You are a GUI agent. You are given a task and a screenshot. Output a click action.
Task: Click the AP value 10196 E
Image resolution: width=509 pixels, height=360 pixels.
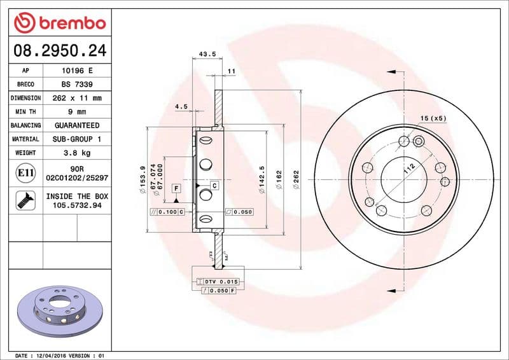(x=76, y=71)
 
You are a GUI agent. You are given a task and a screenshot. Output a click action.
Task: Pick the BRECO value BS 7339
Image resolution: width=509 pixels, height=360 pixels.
(x=76, y=85)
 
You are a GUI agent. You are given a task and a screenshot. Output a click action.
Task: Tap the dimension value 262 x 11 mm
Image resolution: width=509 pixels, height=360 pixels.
(x=76, y=99)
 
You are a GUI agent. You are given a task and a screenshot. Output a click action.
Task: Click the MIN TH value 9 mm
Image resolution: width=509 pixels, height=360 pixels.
(x=76, y=112)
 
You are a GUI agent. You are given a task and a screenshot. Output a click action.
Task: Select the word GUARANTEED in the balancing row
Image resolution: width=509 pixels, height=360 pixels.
(x=76, y=125)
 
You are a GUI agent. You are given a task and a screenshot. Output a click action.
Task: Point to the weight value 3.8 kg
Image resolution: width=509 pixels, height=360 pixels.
(x=76, y=153)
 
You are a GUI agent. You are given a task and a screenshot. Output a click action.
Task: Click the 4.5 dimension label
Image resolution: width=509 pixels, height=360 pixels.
(x=181, y=107)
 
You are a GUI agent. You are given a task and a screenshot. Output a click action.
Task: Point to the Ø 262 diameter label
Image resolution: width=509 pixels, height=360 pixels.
(x=296, y=181)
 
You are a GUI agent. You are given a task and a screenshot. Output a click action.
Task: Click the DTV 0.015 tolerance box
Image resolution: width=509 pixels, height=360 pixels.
(x=220, y=281)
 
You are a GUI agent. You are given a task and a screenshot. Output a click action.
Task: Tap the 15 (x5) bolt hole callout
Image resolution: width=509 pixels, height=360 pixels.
(x=433, y=118)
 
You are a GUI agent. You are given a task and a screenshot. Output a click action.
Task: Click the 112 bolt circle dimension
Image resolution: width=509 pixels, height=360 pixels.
(x=408, y=168)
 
